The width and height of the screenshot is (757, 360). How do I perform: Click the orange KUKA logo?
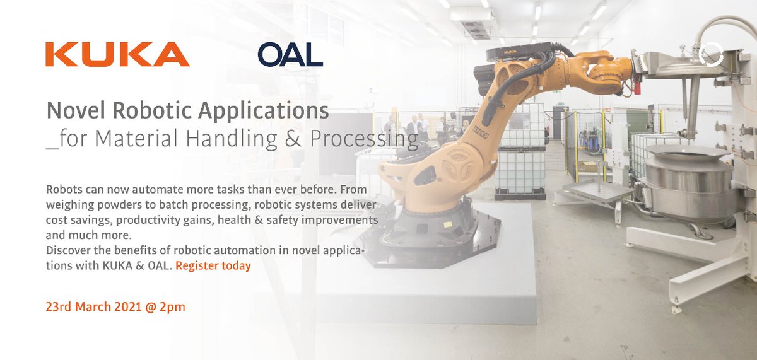117,54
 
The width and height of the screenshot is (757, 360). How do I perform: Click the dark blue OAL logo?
290,54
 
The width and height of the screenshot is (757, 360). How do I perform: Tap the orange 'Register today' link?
213,265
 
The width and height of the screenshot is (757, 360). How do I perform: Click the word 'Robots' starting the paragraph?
63,190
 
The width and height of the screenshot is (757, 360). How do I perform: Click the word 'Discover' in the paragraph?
67,250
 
